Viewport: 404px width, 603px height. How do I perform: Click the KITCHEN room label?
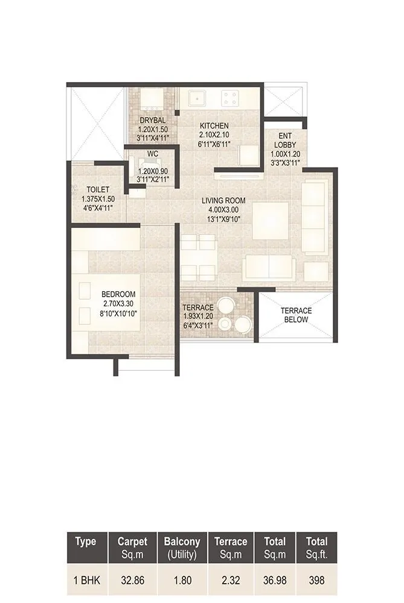tap(214, 125)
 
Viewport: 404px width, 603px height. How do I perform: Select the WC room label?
tap(152, 154)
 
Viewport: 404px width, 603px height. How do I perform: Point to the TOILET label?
tap(97, 189)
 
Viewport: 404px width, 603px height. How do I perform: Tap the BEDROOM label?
tap(118, 294)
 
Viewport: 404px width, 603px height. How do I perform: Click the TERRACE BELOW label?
tap(295, 315)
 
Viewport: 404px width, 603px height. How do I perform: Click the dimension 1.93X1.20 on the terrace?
tap(198, 316)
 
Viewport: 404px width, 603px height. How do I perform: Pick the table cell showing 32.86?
tap(132, 581)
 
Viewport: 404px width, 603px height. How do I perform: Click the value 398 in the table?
tap(316, 581)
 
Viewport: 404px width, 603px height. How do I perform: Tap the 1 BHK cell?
tap(86, 581)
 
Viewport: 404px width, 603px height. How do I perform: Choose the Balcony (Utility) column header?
tap(181, 547)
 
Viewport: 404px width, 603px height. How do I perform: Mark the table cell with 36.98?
tap(271, 581)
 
